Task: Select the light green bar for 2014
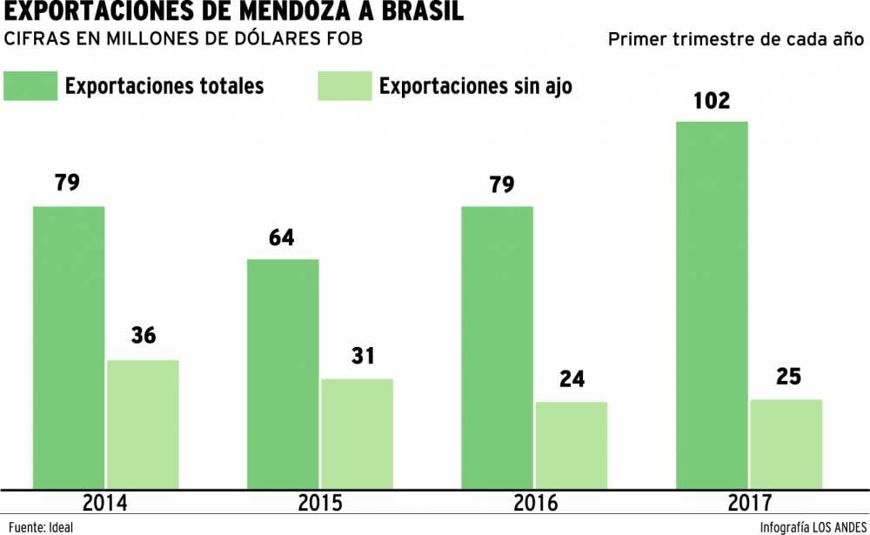coord(143,424)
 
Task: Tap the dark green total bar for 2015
coord(283,373)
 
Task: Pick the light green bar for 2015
coord(357,433)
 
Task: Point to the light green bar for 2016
coord(571,445)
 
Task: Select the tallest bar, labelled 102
coord(712,304)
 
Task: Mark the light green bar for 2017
coord(786,444)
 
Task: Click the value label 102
coord(712,100)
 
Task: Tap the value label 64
coord(282,237)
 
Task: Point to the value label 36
coord(143,336)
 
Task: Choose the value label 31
coord(357,356)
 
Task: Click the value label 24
coord(572,379)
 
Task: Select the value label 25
coord(786,377)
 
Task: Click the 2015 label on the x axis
coord(320,504)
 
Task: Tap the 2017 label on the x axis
coord(748,504)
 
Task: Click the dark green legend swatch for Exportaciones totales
coord(30,86)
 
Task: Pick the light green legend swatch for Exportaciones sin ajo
coord(345,86)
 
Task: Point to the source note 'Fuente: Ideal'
coord(38,526)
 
